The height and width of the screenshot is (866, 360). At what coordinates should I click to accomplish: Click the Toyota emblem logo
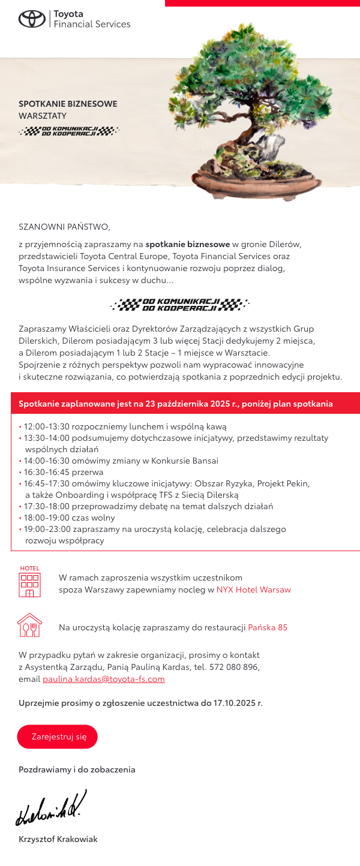32,19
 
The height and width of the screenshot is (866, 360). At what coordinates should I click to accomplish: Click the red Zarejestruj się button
57,737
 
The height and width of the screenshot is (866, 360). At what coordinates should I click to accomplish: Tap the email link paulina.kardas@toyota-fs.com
104,679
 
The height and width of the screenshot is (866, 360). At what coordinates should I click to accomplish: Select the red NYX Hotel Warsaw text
253,590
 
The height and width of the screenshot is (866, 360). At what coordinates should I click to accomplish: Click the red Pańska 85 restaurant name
268,627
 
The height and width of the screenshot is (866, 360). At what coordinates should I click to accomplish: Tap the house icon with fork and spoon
30,625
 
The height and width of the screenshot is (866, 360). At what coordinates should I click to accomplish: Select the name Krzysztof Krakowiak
58,839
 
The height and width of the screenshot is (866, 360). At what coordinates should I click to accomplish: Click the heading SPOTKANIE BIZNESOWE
68,104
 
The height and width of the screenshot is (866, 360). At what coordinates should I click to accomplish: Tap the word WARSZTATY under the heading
43,115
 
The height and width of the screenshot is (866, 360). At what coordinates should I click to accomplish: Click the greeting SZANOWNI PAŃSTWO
65,227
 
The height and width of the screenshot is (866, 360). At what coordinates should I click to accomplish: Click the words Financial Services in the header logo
92,25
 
